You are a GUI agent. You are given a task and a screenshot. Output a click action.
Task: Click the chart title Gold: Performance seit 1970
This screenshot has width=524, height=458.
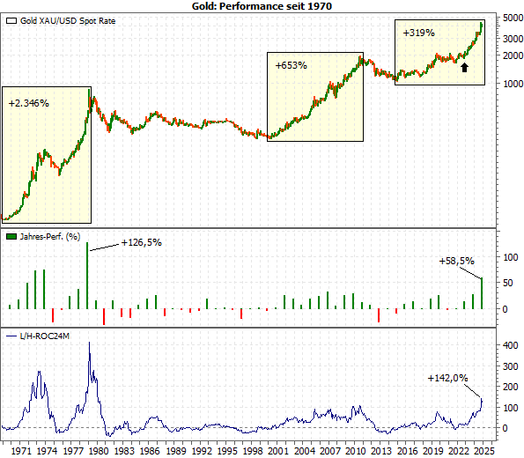(x=262, y=5)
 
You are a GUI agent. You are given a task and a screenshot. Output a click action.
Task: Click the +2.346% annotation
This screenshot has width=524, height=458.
(x=29, y=103)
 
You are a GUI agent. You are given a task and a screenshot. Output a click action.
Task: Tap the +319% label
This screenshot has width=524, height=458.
(x=418, y=33)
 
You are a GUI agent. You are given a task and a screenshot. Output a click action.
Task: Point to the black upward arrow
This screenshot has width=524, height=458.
(x=465, y=66)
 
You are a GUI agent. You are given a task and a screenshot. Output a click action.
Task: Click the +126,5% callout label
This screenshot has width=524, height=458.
(x=142, y=242)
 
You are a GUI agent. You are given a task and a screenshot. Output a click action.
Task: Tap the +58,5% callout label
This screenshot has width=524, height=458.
(x=457, y=261)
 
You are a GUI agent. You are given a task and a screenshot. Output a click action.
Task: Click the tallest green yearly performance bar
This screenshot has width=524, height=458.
(x=88, y=276)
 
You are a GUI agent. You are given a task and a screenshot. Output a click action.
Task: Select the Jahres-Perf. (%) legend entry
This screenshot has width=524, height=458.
(x=49, y=237)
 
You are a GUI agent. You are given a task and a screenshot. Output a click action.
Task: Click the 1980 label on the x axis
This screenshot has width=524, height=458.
(x=98, y=449)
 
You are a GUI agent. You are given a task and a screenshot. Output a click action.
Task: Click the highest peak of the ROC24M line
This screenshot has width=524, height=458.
(x=89, y=343)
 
